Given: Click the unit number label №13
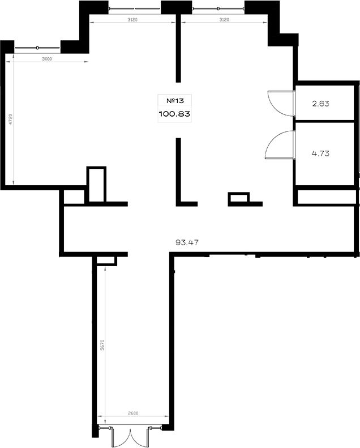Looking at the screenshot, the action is (x=175, y=101).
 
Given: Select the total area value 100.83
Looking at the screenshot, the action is (x=174, y=114).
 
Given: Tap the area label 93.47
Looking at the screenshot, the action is (x=187, y=242).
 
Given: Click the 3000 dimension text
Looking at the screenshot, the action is (x=47, y=59).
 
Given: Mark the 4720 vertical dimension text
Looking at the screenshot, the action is (x=11, y=119).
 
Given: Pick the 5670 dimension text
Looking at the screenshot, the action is (x=102, y=344).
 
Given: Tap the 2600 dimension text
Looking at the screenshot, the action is (x=133, y=413).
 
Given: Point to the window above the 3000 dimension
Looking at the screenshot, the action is (x=37, y=48).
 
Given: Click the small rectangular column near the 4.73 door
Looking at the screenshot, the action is (x=239, y=198).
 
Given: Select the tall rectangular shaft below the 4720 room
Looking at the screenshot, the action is (x=96, y=184).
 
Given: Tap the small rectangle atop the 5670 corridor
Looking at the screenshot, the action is (x=106, y=261).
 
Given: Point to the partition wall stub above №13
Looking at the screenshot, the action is (x=178, y=48).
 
